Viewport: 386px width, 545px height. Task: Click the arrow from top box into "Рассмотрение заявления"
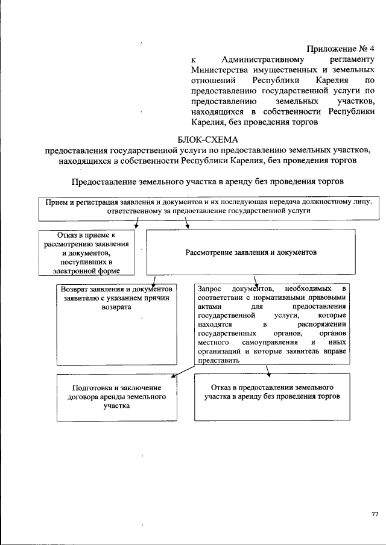[x=187, y=224]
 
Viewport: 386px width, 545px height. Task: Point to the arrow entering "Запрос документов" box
[x=256, y=279]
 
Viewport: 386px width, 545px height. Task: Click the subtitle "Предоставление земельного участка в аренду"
[x=208, y=181]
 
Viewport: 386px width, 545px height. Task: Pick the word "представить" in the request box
[x=218, y=360]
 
